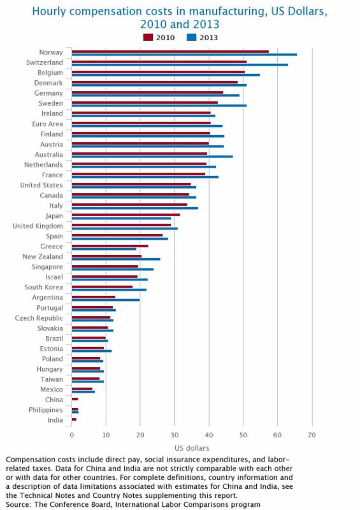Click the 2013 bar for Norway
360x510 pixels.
click(184, 54)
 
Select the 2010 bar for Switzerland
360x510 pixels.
click(159, 62)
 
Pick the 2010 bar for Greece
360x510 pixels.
click(110, 246)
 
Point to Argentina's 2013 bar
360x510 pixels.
click(106, 300)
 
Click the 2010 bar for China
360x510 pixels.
click(75, 399)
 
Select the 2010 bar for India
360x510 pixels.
click(74, 419)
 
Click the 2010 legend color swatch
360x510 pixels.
click(148, 38)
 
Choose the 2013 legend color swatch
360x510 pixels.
click(192, 38)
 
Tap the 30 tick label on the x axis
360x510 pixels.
click(175, 435)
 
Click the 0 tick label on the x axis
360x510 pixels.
click(72, 435)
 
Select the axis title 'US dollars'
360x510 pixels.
click(192, 448)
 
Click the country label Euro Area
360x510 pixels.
click(48, 124)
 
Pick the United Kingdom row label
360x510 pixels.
click(38, 226)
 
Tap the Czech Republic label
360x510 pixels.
click(39, 318)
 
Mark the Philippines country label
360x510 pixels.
click(45, 410)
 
